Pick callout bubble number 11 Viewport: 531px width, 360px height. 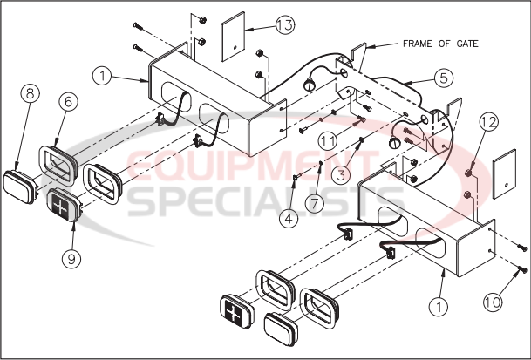328,140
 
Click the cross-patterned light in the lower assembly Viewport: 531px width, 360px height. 236,311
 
